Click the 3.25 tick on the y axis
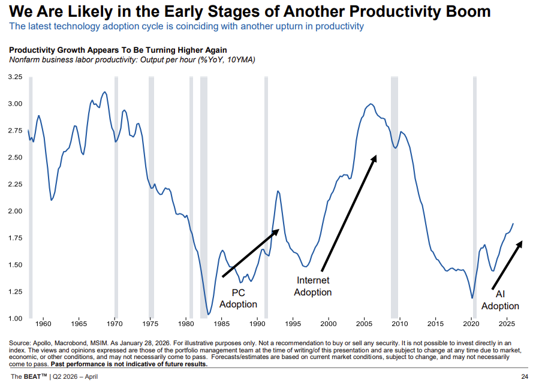coord(15,77)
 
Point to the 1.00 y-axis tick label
coord(15,318)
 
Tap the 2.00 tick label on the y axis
coord(15,211)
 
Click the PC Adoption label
coord(238,298)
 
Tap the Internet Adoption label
coord(314,286)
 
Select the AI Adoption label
coord(500,300)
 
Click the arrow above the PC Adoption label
coord(252,252)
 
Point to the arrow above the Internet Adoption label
coord(349,213)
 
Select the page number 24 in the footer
coord(524,376)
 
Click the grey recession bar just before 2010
coord(395,198)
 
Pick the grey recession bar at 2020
coord(474,198)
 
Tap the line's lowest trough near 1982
coord(209,313)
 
